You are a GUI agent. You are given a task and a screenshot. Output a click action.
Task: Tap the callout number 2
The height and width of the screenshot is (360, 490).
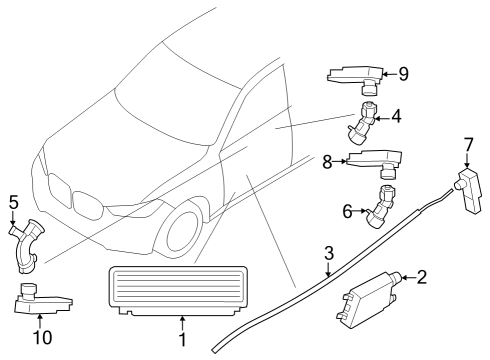(x=421, y=277)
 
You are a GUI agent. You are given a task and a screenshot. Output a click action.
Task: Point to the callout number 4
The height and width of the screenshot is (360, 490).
(x=396, y=117)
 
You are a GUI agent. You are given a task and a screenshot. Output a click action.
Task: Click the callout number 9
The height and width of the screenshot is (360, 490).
(x=403, y=72)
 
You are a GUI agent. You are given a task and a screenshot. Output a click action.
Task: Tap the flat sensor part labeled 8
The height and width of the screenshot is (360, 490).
(x=372, y=161)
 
